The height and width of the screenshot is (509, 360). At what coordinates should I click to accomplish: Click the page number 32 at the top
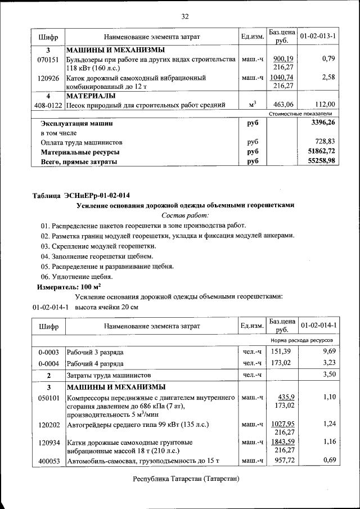tap(184, 16)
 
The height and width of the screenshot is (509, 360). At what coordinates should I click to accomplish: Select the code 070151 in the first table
tap(48, 59)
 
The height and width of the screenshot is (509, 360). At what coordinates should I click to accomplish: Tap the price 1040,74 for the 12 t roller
tap(281, 78)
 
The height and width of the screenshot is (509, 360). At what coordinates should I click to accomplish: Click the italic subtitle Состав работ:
tap(184, 215)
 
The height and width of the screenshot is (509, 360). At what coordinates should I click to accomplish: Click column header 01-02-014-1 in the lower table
tap(318, 326)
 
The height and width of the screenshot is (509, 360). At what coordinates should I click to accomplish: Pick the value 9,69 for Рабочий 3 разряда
tap(328, 352)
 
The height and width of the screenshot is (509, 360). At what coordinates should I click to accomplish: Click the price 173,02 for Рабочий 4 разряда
tap(281, 363)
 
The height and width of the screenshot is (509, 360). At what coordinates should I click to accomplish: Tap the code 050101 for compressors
tap(48, 398)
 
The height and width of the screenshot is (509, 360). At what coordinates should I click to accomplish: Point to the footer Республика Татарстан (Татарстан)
tap(186, 479)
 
